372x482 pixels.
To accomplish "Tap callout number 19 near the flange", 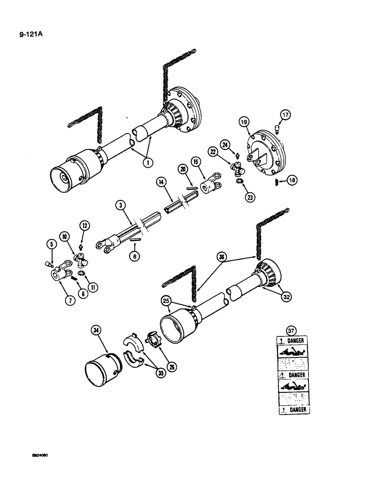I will pyautogui.click(x=242, y=123).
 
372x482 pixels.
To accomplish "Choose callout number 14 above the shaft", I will pyautogui.click(x=160, y=182).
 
